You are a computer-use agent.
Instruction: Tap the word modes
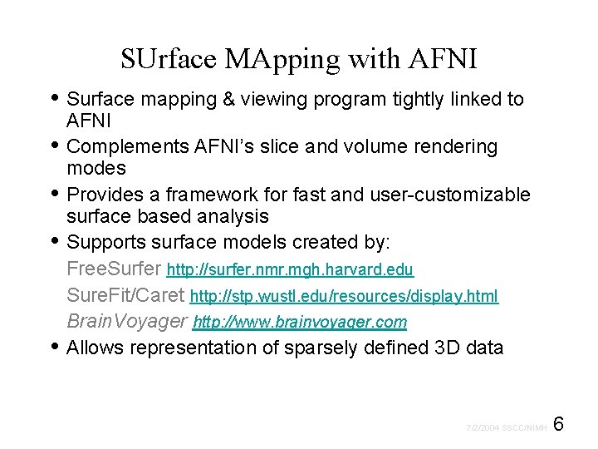pyautogui.click(x=96, y=169)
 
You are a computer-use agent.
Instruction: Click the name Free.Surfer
pyautogui.click(x=114, y=269)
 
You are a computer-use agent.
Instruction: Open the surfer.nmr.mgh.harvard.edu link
pyautogui.click(x=290, y=270)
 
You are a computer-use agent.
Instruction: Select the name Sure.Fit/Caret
pyautogui.click(x=125, y=295)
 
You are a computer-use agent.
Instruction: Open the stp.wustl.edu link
pyautogui.click(x=344, y=296)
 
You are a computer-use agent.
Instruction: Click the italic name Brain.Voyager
pyautogui.click(x=126, y=321)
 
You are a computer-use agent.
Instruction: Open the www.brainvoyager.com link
pyautogui.click(x=300, y=322)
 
